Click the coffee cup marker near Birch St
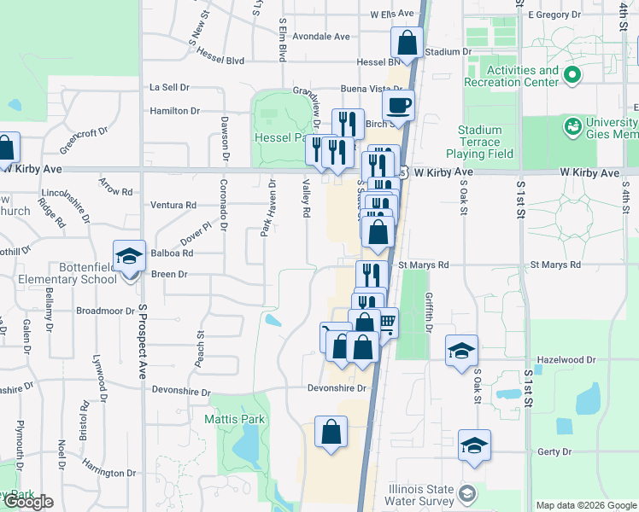(398, 106)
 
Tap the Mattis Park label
(235, 419)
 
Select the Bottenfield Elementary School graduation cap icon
(129, 256)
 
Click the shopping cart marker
(387, 322)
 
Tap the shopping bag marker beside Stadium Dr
(407, 42)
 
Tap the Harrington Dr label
(109, 473)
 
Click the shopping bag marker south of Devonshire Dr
(331, 432)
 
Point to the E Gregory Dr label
(559, 15)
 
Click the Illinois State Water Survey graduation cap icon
(466, 493)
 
